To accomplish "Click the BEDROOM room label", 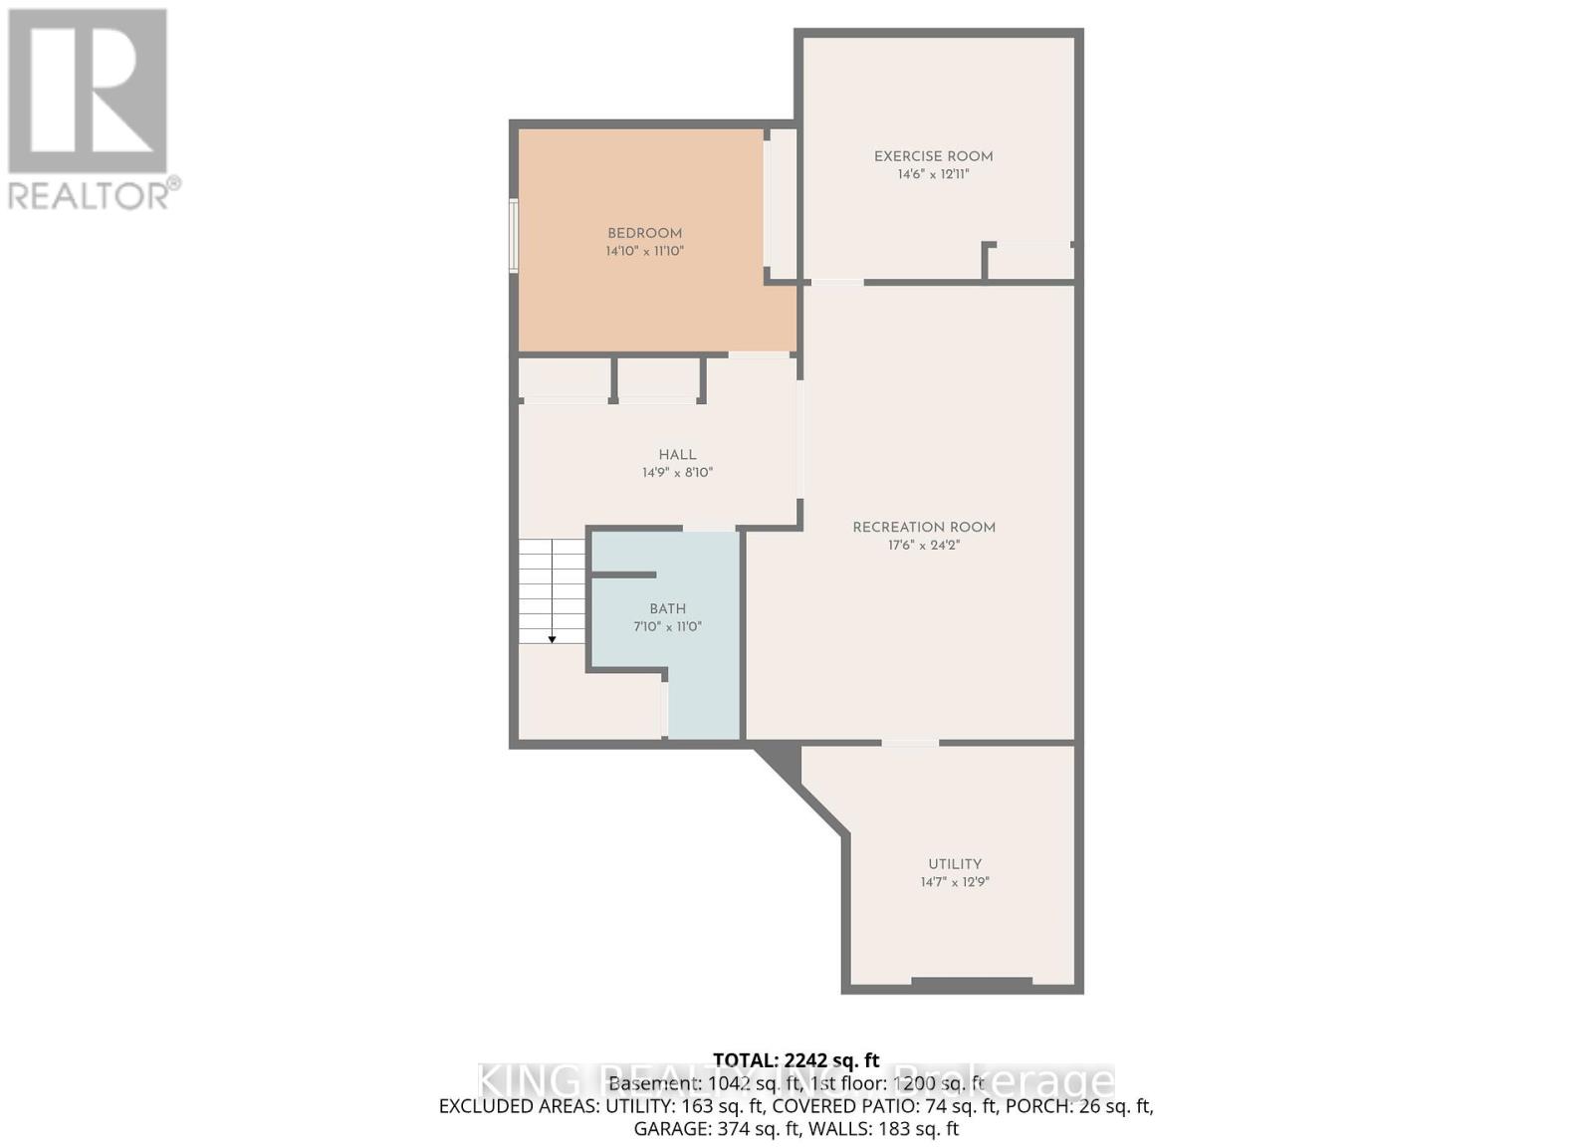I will coord(644,233).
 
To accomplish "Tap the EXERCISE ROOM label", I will coord(933,156).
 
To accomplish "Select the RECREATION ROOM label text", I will coord(923,528).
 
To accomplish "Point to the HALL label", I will coord(677,455).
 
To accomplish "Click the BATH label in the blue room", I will coord(667,609).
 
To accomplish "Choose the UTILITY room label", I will coord(955,864).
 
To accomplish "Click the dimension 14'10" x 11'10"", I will coord(644,252).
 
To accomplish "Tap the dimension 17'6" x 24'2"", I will coord(923,546).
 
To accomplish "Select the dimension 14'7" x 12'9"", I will coord(955,882).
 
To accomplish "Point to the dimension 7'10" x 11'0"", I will coord(667,627).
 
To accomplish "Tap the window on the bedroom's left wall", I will coord(514,236).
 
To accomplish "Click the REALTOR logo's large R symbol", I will coord(88,92).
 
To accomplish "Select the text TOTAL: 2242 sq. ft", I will coord(796,1060).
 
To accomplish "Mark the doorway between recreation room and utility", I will coord(910,743).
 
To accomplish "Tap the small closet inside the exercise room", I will coord(1030,262).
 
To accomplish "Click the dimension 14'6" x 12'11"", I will coord(933,174).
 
